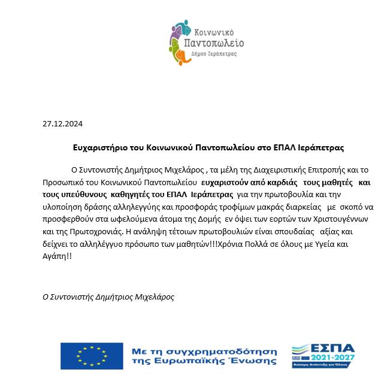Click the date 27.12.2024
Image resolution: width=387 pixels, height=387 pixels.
point(62,125)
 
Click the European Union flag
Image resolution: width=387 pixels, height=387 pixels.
point(90,355)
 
